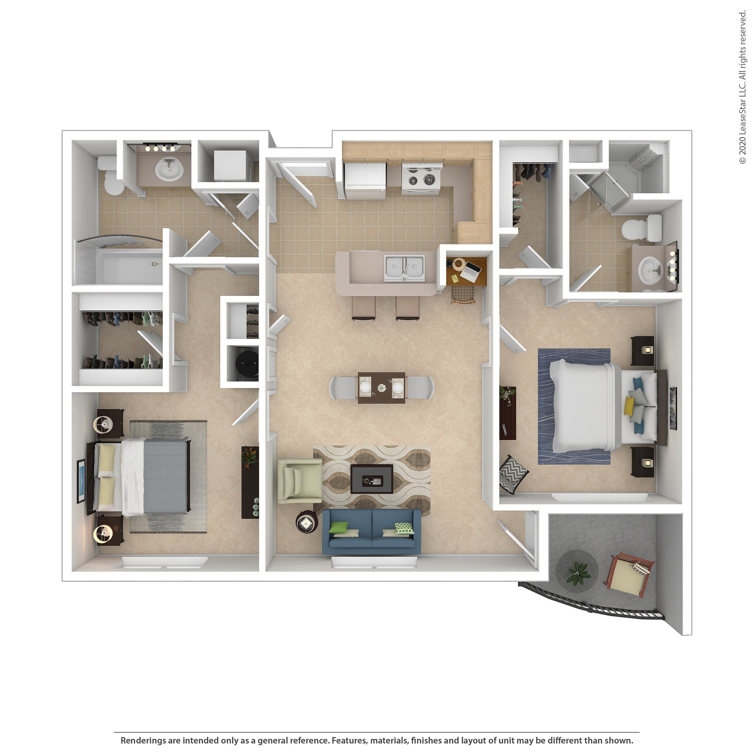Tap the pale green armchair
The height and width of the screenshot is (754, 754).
[x=300, y=480]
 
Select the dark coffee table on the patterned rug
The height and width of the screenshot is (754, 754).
[x=371, y=479]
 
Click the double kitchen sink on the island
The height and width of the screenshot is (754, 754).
[x=404, y=267]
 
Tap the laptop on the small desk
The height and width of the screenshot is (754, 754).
[x=471, y=271]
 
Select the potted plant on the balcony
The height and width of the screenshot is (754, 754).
[x=578, y=573]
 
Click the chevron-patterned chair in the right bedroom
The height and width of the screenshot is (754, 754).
[x=513, y=474]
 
